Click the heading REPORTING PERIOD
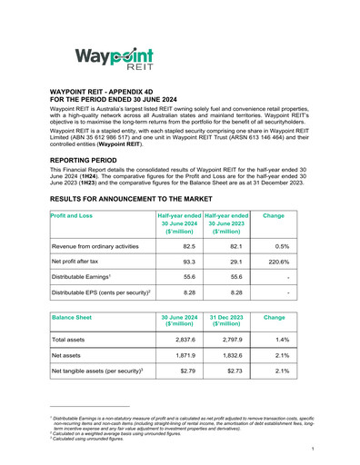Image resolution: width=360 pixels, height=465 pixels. coord(90,158)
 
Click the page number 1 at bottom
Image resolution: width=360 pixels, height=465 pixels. coord(312,449)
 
